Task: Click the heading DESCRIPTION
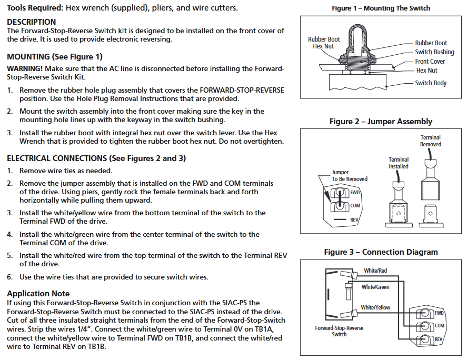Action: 31,22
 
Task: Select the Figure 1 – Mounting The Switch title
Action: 381,8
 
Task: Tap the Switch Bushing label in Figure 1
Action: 434,52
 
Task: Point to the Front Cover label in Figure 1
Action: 430,62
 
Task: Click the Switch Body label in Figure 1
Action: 431,83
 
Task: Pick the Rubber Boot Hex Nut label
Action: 324,43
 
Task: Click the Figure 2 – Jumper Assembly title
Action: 381,122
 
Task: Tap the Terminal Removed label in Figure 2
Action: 431,141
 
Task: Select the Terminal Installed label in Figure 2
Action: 399,163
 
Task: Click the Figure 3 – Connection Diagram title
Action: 381,252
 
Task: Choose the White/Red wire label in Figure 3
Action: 375,271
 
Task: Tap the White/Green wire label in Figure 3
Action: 375,287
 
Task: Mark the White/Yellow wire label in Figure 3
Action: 375,307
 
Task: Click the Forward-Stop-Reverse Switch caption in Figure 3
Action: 339,331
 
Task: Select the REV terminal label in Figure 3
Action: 439,339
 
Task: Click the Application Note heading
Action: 38,294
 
